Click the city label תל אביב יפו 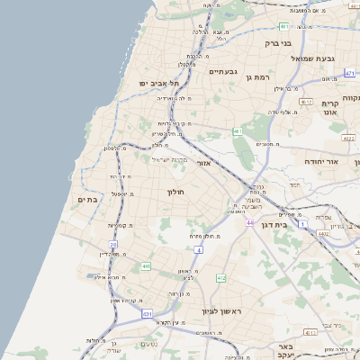click(x=156, y=83)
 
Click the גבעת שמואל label click(x=313, y=58)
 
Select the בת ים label click(x=87, y=199)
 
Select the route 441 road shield click(x=145, y=266)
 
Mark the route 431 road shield click(x=147, y=313)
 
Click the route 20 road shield click(x=113, y=244)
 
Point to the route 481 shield click(x=283, y=27)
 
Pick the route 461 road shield click(x=238, y=132)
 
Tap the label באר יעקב click(x=286, y=351)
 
